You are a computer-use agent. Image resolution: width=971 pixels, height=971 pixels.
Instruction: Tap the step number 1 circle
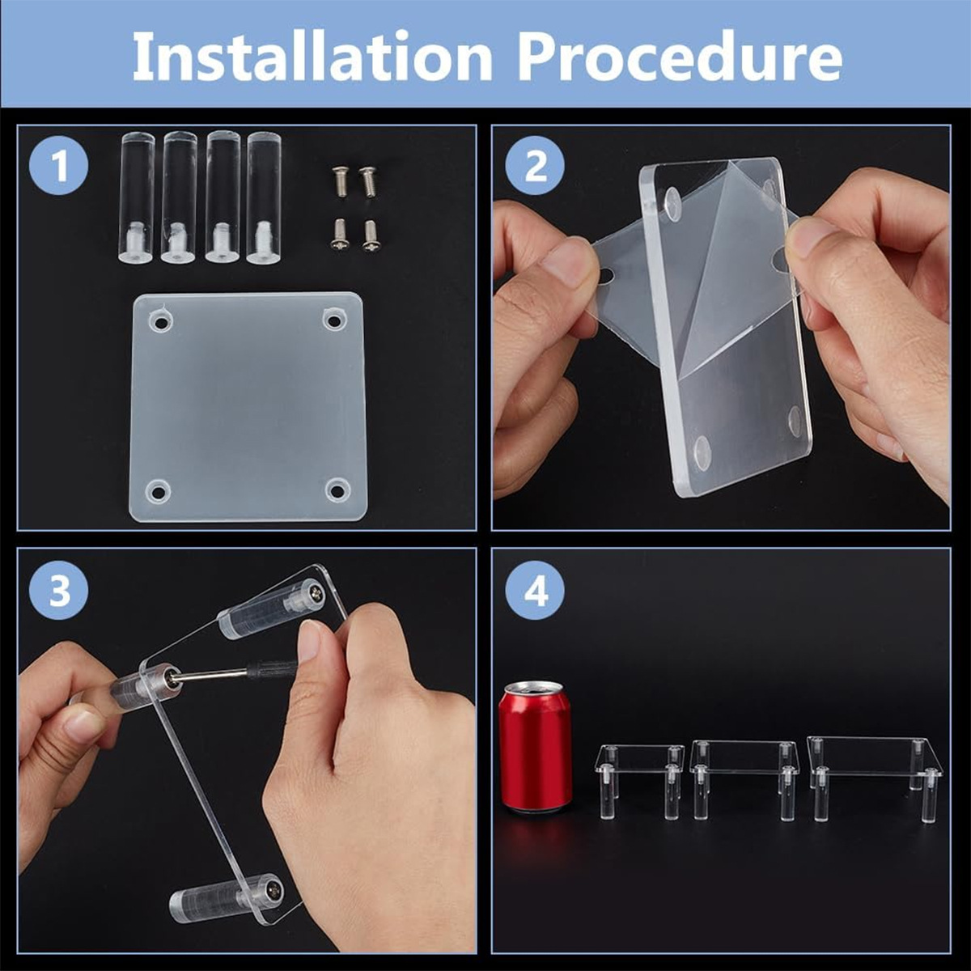(59, 166)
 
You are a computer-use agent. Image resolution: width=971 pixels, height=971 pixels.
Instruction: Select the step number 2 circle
(535, 166)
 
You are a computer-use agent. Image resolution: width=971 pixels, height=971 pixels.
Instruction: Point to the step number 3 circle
(59, 591)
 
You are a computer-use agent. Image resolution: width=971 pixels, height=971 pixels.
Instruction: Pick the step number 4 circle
(535, 591)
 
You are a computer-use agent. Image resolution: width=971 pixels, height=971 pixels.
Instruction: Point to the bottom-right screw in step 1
(371, 235)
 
